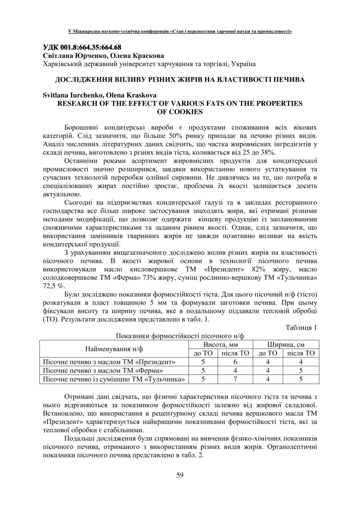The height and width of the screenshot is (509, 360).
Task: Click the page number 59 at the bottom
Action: tap(180, 475)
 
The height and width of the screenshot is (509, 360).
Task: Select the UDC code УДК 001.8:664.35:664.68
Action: tap(82, 47)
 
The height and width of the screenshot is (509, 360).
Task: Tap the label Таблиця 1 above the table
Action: tap(302, 327)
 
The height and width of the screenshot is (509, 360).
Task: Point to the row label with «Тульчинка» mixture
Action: tap(114, 379)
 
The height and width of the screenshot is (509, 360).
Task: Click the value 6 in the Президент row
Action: tap(235, 362)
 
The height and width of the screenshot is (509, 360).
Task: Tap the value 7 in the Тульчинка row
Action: tap(235, 379)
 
